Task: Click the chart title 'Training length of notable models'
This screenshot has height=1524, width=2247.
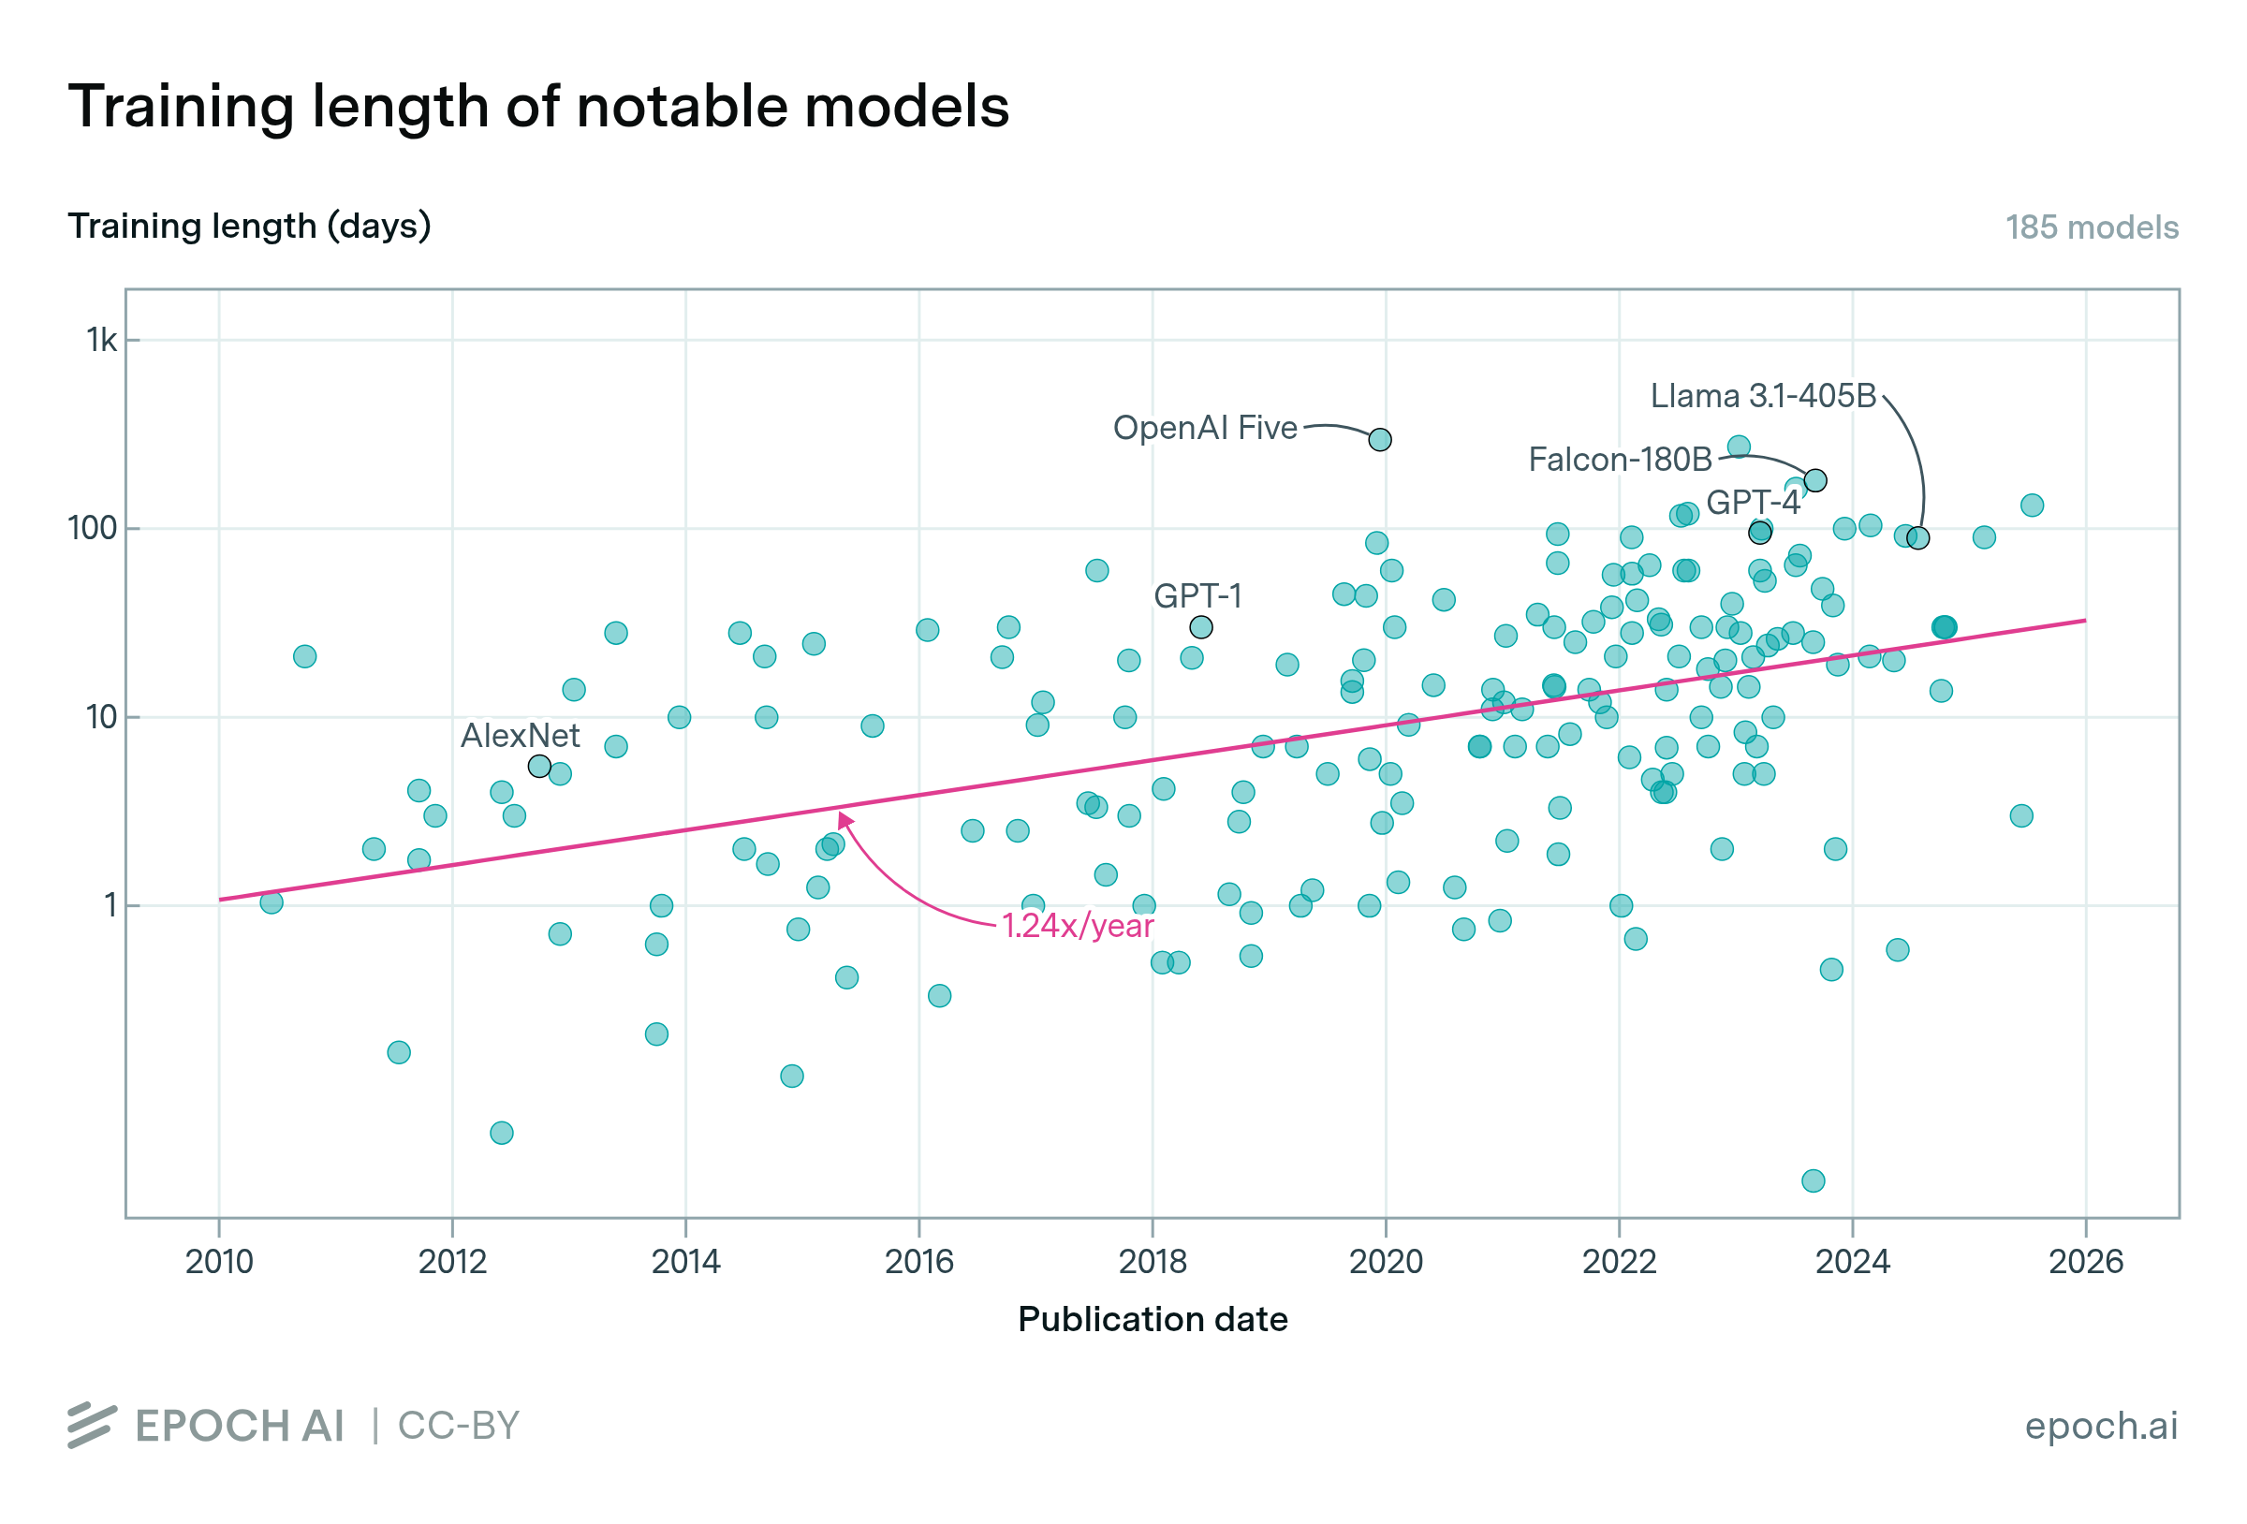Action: [x=538, y=106]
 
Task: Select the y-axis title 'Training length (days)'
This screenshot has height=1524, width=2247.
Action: [x=248, y=226]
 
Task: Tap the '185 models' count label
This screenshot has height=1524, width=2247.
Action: [x=2091, y=227]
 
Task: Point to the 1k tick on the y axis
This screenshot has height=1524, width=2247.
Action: [x=101, y=341]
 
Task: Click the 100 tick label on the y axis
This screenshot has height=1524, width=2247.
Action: [x=92, y=529]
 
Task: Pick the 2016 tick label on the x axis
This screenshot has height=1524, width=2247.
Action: [x=918, y=1261]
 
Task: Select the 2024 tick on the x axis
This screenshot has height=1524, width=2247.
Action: [x=1852, y=1261]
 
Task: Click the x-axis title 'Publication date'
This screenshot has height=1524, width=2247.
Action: [x=1152, y=1319]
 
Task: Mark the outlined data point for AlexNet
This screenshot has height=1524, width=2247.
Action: [x=539, y=767]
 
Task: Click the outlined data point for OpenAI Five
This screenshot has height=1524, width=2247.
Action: [x=1380, y=440]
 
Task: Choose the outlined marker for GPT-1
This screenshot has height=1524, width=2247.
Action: [x=1201, y=627]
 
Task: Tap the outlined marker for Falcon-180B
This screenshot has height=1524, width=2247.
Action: [x=1814, y=480]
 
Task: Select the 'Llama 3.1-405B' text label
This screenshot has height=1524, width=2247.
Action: [x=1762, y=395]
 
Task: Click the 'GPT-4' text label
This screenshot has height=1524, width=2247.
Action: [x=1752, y=503]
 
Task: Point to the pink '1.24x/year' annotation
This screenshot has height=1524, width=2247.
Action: [x=1077, y=927]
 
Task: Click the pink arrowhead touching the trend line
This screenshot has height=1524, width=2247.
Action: [x=844, y=820]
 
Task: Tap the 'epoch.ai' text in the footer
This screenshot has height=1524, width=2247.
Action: [x=2100, y=1426]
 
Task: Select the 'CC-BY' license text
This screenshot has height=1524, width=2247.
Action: [x=459, y=1426]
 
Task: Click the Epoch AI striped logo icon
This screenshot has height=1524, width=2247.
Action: [x=92, y=1426]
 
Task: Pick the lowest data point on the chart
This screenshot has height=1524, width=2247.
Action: [x=1813, y=1180]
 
